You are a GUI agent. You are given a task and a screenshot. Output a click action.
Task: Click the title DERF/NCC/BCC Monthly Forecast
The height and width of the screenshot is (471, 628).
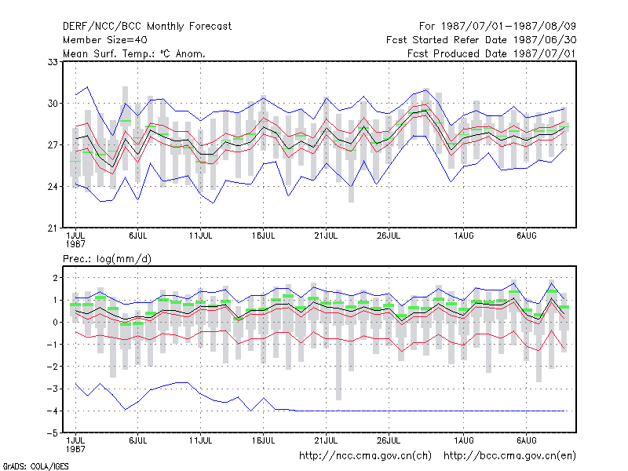(147, 27)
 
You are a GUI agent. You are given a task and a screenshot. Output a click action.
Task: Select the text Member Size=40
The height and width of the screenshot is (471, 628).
(105, 40)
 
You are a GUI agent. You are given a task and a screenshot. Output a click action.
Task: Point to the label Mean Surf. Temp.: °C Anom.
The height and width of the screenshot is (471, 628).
(134, 53)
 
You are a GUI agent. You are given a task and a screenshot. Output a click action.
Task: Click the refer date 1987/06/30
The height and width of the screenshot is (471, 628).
(545, 40)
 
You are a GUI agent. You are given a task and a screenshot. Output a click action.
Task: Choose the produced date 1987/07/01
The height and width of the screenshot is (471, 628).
(545, 53)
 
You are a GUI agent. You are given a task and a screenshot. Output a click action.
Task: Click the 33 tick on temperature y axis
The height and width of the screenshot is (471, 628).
(53, 62)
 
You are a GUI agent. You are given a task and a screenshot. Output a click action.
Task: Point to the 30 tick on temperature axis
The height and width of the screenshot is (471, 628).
(53, 104)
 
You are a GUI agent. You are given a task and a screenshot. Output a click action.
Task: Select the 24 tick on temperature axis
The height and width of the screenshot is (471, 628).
(53, 187)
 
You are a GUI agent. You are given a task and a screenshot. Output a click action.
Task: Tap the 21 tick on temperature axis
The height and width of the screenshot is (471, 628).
(53, 228)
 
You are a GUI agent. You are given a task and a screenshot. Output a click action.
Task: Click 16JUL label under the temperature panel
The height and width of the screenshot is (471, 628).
(263, 236)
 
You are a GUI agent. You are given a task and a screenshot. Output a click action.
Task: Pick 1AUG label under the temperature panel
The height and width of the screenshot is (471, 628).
(464, 236)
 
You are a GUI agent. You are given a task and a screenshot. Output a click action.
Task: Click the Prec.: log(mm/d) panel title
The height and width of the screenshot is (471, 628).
(107, 259)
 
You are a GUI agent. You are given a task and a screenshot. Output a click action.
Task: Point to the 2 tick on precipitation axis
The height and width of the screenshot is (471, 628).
(56, 278)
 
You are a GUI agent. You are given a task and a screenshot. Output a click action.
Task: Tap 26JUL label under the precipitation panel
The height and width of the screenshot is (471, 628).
(389, 441)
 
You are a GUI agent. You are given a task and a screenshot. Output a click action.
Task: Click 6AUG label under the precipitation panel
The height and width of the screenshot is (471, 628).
(526, 441)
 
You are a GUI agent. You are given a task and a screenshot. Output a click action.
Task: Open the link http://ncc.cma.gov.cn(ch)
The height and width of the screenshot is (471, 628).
(365, 456)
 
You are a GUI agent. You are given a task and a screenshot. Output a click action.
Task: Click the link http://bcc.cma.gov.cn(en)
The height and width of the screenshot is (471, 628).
(509, 456)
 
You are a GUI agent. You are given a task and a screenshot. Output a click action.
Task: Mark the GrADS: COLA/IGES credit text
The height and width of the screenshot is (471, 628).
(35, 466)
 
